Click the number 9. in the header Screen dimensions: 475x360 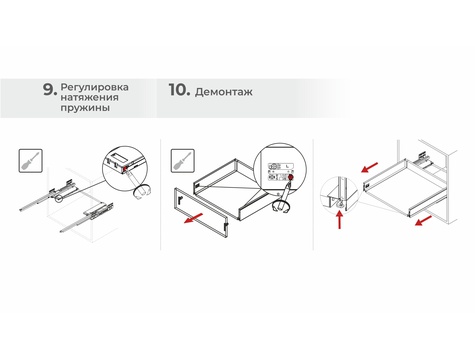tap(50, 90)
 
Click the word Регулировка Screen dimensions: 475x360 tap(94, 87)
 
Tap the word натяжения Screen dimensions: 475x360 tap(89, 98)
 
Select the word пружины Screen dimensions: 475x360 tap(85, 108)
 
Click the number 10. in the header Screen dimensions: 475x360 tap(179, 90)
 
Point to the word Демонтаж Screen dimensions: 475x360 tap(224, 92)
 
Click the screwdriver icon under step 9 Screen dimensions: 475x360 tap(30, 161)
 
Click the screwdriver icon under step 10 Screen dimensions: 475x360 tap(183, 161)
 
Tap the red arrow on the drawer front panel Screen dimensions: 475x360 tap(193, 219)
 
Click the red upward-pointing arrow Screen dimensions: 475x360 tap(339, 221)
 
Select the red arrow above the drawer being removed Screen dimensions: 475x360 tap(370, 167)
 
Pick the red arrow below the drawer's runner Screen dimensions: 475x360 tap(423, 221)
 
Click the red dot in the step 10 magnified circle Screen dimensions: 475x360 tap(291, 177)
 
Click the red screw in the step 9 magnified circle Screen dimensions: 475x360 tap(125, 169)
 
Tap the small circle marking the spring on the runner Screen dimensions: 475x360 tap(59, 199)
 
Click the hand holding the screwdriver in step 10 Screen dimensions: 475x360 tap(280, 206)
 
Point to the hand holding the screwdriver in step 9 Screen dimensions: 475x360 tap(142, 192)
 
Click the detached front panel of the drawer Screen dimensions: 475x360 tap(201, 213)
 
